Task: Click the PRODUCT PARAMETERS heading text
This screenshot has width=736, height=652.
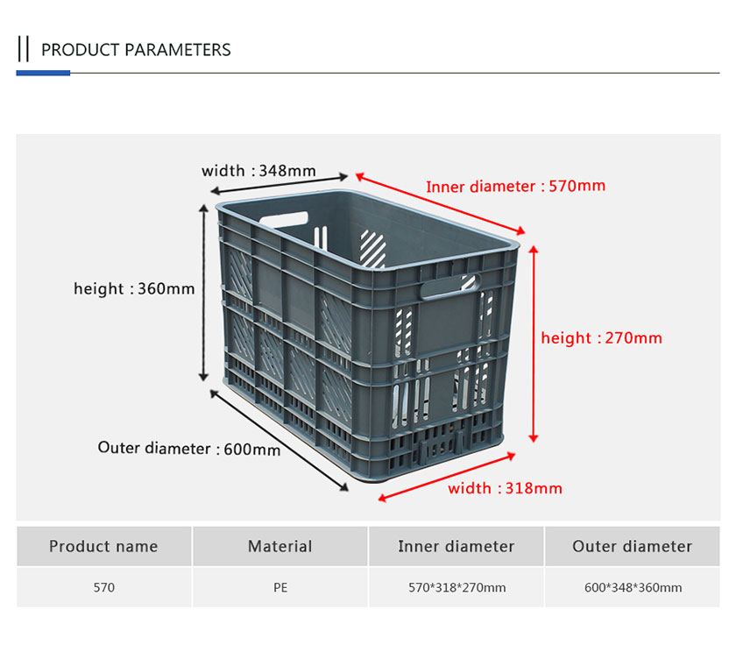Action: click(136, 50)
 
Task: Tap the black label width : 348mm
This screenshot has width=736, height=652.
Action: click(258, 170)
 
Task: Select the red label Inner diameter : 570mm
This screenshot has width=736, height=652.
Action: click(515, 187)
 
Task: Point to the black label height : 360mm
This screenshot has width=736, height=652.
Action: click(134, 288)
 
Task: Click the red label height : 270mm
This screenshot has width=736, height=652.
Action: click(601, 338)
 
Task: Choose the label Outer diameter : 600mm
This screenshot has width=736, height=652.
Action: click(188, 449)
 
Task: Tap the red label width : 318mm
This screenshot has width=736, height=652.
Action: click(505, 488)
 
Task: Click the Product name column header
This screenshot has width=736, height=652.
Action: click(103, 546)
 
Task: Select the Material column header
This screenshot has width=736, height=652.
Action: click(280, 546)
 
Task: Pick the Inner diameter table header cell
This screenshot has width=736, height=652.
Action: click(456, 546)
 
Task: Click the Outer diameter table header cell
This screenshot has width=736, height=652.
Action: click(633, 546)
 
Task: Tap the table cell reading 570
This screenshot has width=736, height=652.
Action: click(103, 587)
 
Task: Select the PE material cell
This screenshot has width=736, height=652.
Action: click(280, 587)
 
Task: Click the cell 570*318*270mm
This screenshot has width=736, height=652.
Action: click(456, 587)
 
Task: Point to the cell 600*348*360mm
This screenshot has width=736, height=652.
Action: click(633, 587)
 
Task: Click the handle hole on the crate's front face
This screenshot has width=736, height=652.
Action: click(449, 286)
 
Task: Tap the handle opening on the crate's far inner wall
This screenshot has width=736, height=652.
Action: click(284, 219)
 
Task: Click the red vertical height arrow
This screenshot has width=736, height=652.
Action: click(534, 344)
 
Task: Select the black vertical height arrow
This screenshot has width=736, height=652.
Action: click(203, 293)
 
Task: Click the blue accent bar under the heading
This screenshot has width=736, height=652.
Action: click(43, 73)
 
